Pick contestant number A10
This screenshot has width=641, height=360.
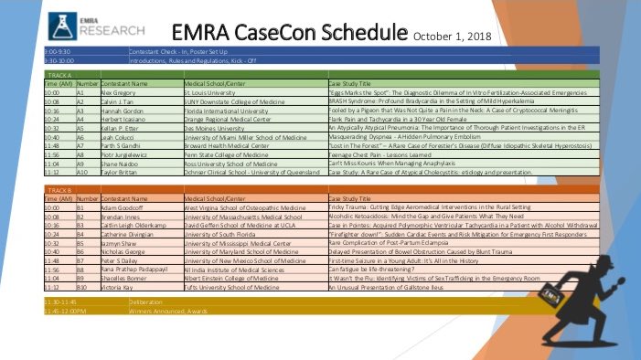(82, 172)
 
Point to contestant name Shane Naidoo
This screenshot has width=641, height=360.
(120, 164)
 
